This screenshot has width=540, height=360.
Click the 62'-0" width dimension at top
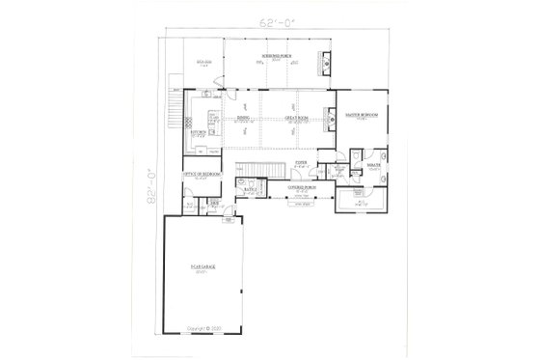point(271,20)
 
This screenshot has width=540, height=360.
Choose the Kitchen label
point(201,130)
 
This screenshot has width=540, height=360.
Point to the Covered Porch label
point(305,186)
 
